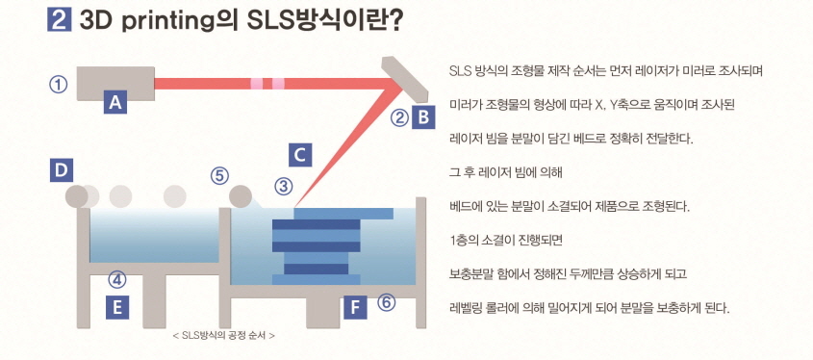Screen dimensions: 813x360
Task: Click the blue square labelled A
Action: (x=116, y=102)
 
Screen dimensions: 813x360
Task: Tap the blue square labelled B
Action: (x=422, y=118)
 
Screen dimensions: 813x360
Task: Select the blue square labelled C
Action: (x=300, y=153)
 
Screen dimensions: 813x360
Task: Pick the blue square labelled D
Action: (x=62, y=171)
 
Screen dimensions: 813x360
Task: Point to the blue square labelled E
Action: (x=116, y=308)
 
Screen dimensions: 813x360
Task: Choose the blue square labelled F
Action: (x=355, y=308)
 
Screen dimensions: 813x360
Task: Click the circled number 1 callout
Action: (x=59, y=84)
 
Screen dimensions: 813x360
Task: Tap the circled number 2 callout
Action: (x=398, y=118)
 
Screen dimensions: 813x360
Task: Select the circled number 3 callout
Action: (x=283, y=186)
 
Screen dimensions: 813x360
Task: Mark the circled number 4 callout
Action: (x=116, y=280)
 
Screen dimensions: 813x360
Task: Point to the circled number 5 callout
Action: (x=220, y=175)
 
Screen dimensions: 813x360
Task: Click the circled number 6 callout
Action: (x=386, y=302)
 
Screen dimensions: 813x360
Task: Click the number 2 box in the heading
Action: (x=57, y=21)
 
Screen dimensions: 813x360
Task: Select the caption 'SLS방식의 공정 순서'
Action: (x=222, y=336)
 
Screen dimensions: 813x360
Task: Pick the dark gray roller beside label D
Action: (x=76, y=196)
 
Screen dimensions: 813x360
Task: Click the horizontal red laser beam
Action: (x=260, y=84)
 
